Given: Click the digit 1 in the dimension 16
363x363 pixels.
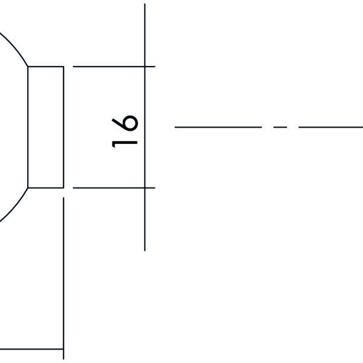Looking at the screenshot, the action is pyautogui.click(x=125, y=143).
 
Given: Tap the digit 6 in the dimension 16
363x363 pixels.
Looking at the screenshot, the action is pyautogui.click(x=125, y=123).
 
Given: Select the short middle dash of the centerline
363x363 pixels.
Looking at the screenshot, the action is pyautogui.click(x=280, y=127).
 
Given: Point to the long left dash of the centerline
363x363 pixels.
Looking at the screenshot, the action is pyautogui.click(x=218, y=127).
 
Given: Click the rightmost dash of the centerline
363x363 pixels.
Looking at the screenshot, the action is pyautogui.click(x=330, y=127).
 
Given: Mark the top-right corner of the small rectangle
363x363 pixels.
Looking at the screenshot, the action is pyautogui.click(x=64, y=67).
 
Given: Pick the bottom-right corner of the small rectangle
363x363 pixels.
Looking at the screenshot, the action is pyautogui.click(x=64, y=188).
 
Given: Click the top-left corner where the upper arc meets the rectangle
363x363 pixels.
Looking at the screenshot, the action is pyautogui.click(x=28, y=67).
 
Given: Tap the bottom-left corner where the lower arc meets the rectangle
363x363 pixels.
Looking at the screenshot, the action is pyautogui.click(x=28, y=188).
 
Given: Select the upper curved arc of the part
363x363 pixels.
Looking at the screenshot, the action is pyautogui.click(x=16, y=48).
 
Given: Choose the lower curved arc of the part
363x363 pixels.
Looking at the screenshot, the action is pyautogui.click(x=16, y=206).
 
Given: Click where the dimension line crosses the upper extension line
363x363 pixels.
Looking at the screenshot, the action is pyautogui.click(x=145, y=67).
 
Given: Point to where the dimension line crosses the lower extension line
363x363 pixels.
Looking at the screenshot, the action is pyautogui.click(x=145, y=188).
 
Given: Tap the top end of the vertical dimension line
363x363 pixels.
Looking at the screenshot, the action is pyautogui.click(x=145, y=4).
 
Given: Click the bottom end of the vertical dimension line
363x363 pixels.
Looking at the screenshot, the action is pyautogui.click(x=145, y=250).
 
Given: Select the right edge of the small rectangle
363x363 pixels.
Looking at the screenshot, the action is pyautogui.click(x=64, y=127).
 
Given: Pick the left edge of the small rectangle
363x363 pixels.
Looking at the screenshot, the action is pyautogui.click(x=28, y=127).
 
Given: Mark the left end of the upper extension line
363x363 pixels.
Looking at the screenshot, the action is pyautogui.click(x=73, y=67).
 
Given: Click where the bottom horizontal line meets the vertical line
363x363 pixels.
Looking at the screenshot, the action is pyautogui.click(x=64, y=348).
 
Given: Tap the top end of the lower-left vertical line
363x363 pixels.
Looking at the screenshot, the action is pyautogui.click(x=64, y=197).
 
